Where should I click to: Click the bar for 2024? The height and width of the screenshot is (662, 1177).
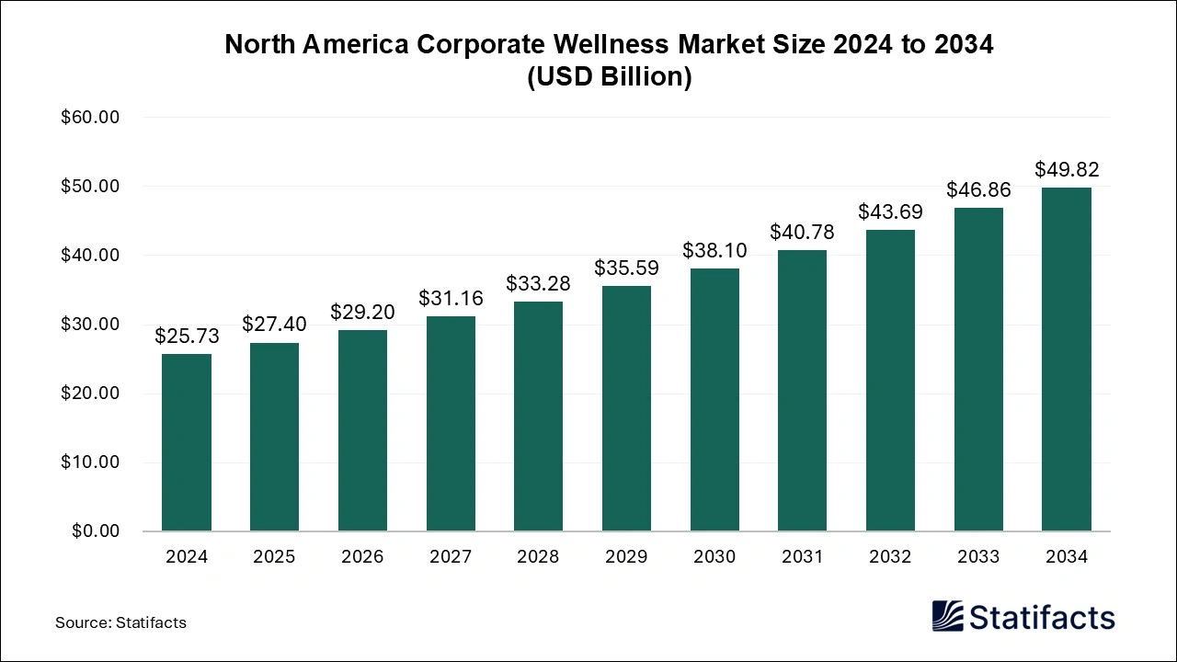[187, 442]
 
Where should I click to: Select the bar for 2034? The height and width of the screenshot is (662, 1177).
[1067, 360]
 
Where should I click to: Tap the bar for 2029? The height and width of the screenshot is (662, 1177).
[626, 408]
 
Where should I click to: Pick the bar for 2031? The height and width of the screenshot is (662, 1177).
[802, 391]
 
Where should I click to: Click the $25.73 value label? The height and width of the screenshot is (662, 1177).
[187, 337]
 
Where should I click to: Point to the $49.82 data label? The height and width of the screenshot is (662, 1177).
[1067, 169]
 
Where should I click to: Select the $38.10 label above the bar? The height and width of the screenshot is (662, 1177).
[714, 250]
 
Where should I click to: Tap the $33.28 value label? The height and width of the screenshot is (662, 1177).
[538, 283]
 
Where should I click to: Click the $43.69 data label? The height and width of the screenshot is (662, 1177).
[890, 211]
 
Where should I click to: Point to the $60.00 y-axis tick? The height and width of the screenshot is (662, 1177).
[90, 118]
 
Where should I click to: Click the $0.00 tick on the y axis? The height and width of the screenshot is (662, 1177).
[95, 531]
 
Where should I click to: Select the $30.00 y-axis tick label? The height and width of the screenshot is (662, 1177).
[90, 325]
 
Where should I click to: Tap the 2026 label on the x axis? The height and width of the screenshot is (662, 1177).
[362, 557]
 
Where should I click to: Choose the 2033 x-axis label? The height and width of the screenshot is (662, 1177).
[978, 557]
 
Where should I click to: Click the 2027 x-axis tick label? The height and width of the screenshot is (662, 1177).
[451, 557]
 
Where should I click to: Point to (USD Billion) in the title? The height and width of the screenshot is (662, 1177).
[609, 77]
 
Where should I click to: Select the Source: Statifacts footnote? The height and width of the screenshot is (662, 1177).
[120, 622]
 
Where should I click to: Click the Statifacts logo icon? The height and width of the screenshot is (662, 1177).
[948, 616]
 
